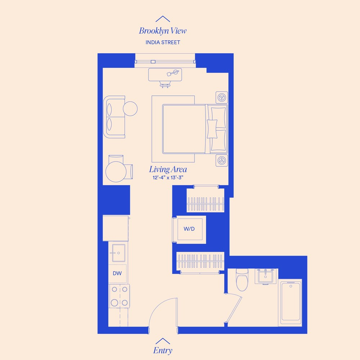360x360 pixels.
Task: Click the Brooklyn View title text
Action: (x=163, y=31)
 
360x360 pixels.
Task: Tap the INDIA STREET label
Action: (x=163, y=42)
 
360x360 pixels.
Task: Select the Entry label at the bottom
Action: (x=163, y=350)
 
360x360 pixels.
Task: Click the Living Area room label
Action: (x=168, y=169)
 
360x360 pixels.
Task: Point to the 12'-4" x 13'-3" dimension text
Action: (x=168, y=177)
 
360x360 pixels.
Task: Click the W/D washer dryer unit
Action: (x=189, y=229)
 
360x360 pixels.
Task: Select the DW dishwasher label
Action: (x=117, y=273)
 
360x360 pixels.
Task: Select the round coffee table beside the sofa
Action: (x=130, y=108)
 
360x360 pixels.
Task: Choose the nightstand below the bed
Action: (x=221, y=160)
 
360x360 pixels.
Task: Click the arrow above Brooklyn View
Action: (x=163, y=19)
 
